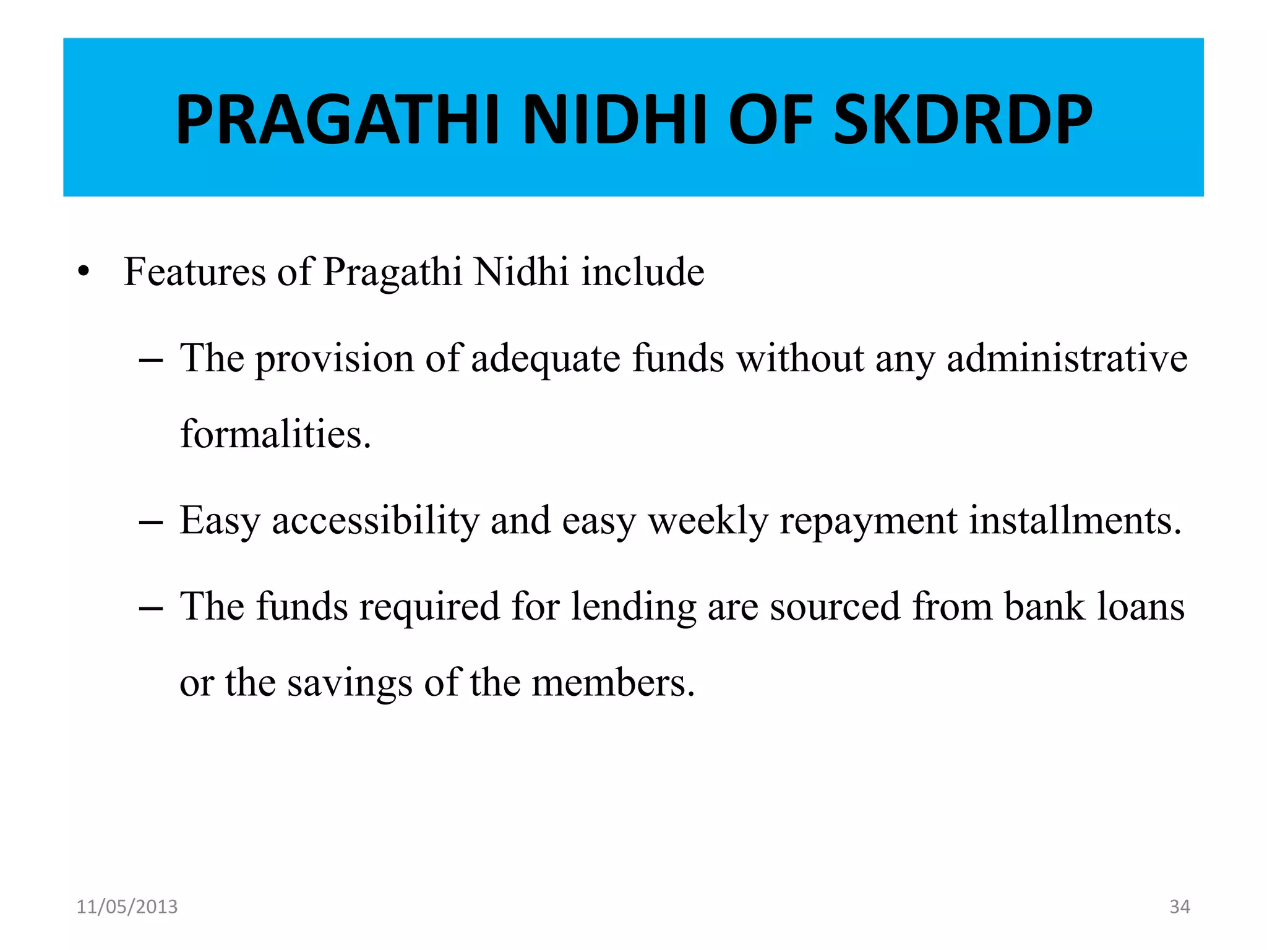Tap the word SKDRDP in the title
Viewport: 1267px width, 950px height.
963,119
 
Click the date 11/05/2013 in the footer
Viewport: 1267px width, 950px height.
127,907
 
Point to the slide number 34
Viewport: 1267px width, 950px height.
1180,907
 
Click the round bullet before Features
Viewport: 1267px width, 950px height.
84,272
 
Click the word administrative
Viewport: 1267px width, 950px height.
1067,359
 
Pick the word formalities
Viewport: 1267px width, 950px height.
275,434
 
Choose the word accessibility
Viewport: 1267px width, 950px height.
376,521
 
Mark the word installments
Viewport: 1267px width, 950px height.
1075,521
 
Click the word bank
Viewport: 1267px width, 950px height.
1044,607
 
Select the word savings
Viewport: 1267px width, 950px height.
350,684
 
